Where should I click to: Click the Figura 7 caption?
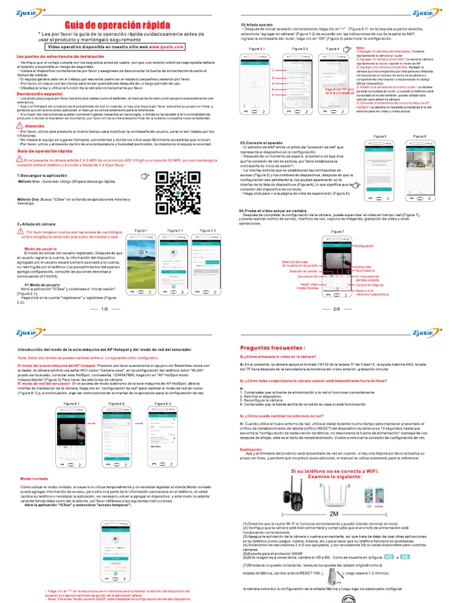[x=337, y=231]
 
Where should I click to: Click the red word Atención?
[x=35, y=126]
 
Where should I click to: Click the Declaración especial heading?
[x=40, y=94]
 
